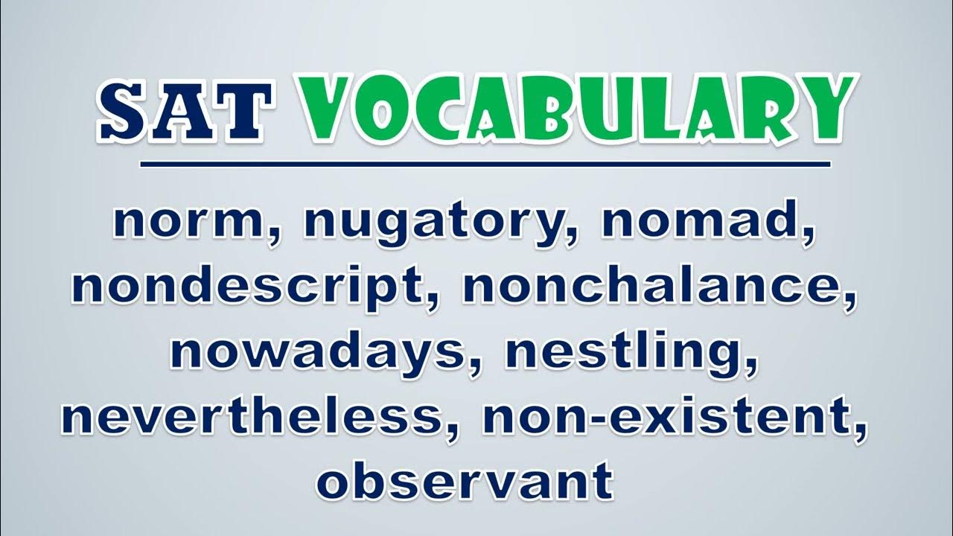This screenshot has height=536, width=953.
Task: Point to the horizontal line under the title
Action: pyautogui.click(x=485, y=165)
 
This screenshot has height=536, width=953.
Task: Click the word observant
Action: pyautogui.click(x=465, y=481)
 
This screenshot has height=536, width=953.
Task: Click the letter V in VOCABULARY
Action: pyautogui.click(x=328, y=109)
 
